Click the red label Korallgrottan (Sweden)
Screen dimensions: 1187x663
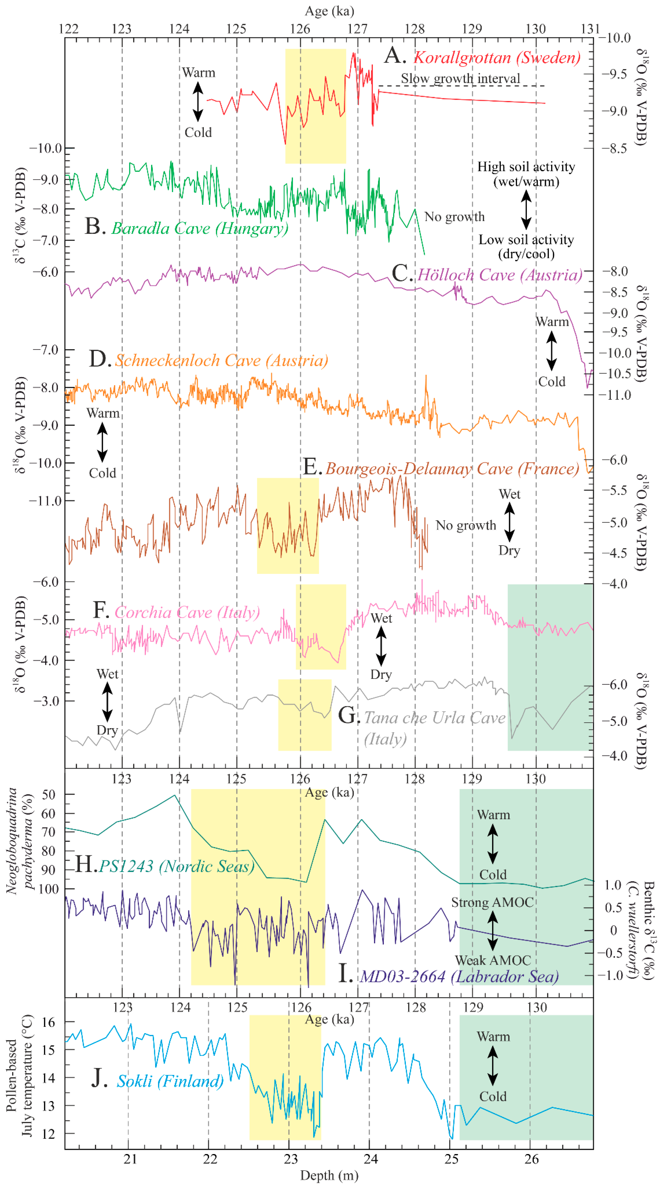(497, 58)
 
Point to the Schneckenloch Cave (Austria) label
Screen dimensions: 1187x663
(221, 360)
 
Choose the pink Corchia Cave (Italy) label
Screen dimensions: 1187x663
(187, 612)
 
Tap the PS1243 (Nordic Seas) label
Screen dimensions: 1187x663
(177, 866)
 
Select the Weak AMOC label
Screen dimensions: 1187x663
(492, 960)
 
